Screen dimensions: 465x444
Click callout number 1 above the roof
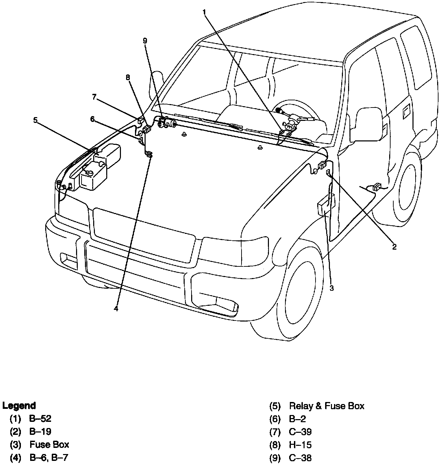pos(204,12)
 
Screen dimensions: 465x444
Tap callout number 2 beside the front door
pos(394,247)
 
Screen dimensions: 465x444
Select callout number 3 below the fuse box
pos(332,288)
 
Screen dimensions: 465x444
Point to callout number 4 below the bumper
pos(116,309)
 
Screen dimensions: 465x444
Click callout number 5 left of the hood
pos(35,120)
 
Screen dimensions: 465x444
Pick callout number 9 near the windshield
pos(145,41)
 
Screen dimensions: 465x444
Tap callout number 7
pos(94,97)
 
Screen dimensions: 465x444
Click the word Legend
pos(19,406)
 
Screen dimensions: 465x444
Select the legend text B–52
pos(40,418)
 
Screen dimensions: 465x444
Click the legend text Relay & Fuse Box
pos(326,406)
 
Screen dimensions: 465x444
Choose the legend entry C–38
pos(300,458)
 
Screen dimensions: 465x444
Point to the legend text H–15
pos(300,445)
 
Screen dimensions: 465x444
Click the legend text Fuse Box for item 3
pos(49,445)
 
